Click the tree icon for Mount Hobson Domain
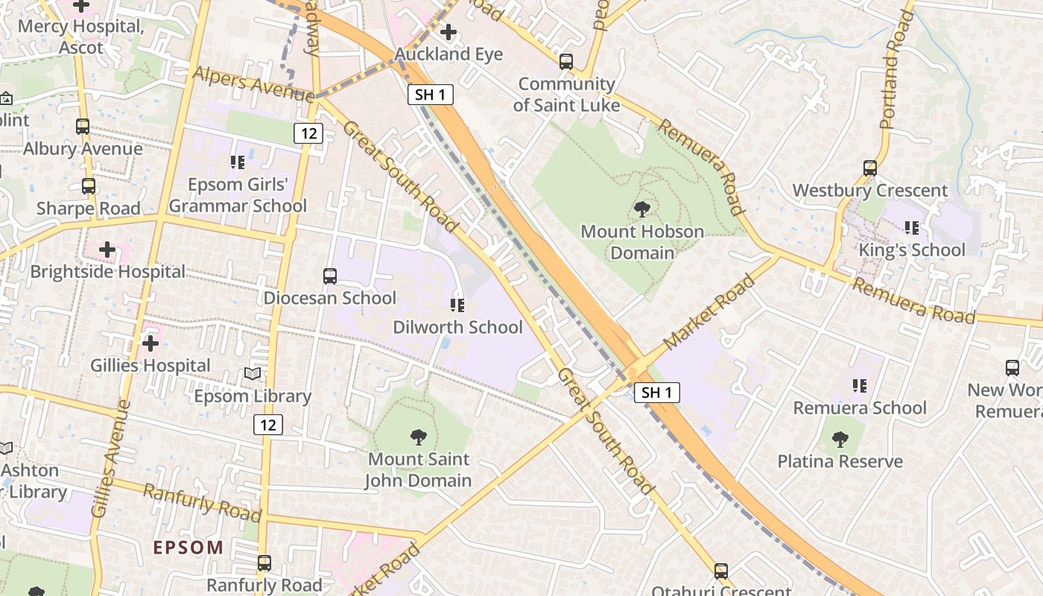(641, 209)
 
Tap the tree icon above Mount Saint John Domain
(419, 437)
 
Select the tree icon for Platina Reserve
(840, 440)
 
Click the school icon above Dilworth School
(457, 305)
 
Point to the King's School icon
(912, 228)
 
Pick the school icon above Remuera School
(860, 386)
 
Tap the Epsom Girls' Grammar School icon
(238, 162)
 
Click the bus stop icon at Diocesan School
(330, 276)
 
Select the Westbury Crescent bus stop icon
(870, 168)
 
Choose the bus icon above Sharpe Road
(89, 186)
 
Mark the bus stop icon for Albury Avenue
(83, 127)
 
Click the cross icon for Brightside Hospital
(107, 250)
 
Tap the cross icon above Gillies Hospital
(150, 343)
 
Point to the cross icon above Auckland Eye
(448, 32)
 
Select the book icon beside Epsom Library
(253, 374)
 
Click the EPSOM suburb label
(188, 548)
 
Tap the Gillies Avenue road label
(110, 458)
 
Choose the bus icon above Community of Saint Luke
(566, 62)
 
